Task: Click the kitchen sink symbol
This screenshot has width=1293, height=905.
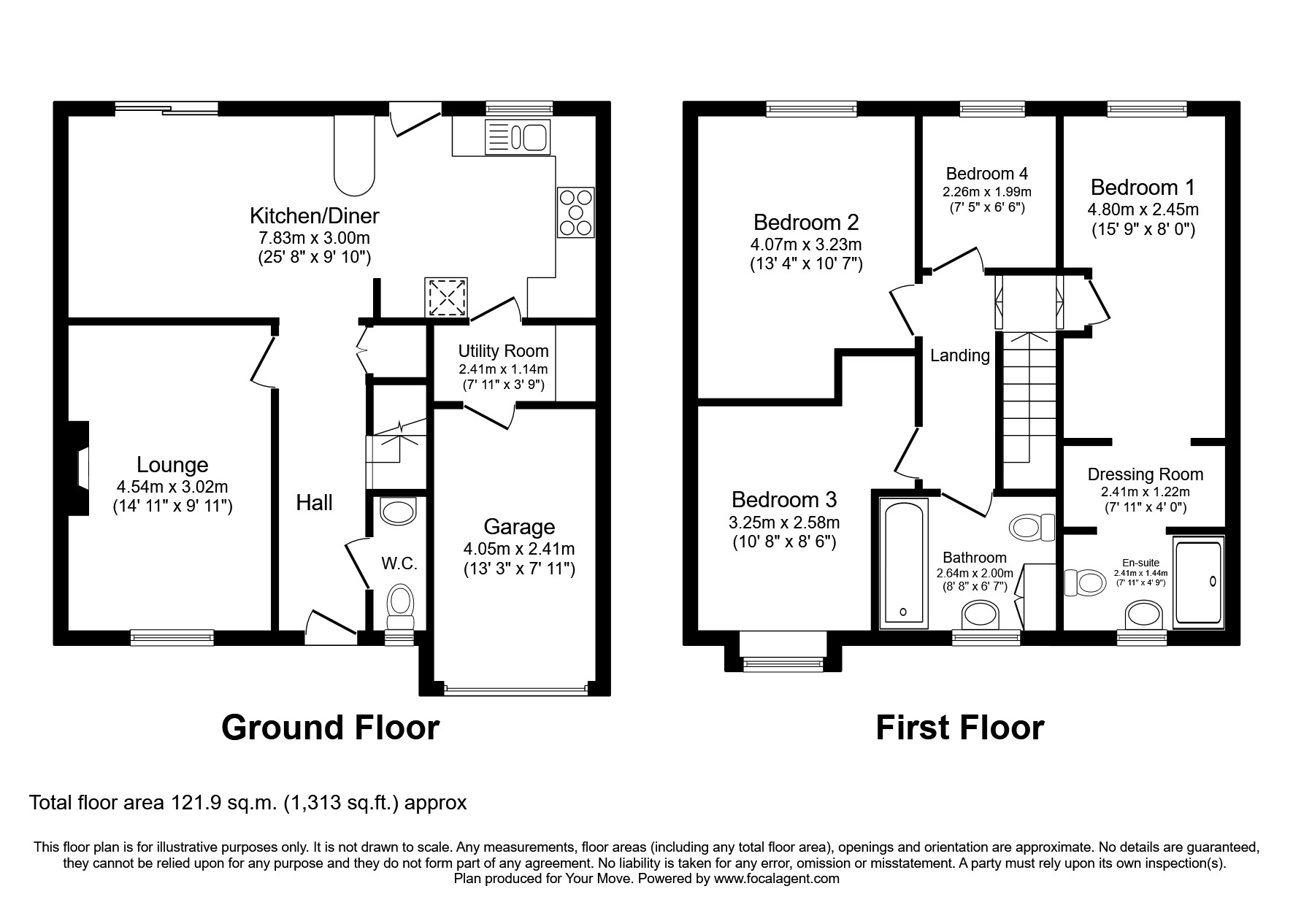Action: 517,136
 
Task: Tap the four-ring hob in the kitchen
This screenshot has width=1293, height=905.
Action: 576,212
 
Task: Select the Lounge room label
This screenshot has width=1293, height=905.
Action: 172,465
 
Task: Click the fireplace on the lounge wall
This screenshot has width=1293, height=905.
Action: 77,469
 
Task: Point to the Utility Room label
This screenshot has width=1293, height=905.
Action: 503,351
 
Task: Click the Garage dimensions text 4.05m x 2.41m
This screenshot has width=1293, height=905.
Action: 518,548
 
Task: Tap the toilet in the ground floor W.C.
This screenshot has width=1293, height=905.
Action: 399,606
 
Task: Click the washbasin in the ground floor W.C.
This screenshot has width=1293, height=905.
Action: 399,511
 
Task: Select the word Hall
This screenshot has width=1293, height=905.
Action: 314,502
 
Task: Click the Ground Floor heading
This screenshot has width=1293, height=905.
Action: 330,728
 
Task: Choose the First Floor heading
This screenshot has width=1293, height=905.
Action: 959,728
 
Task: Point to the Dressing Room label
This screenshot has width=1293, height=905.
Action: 1145,474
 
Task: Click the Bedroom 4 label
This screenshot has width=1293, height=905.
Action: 986,174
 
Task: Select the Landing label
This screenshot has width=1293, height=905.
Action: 959,355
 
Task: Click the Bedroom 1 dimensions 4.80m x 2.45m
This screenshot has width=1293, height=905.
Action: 1143,209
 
